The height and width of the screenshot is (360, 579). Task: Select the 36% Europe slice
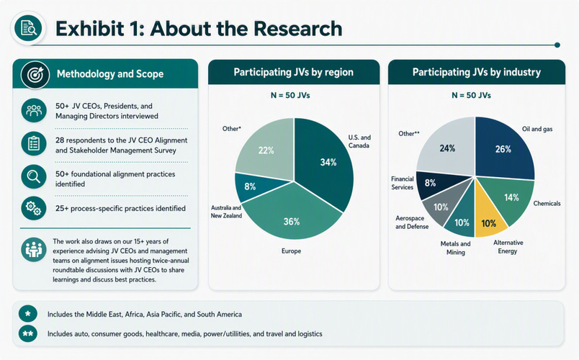tap(292, 214)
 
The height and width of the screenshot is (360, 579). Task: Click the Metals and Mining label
tap(455, 248)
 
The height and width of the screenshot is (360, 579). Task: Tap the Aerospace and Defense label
tap(412, 222)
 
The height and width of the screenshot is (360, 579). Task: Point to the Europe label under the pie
tap(291, 251)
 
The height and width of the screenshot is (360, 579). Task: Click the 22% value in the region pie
tap(266, 150)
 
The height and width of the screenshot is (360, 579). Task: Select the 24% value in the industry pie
tap(447, 148)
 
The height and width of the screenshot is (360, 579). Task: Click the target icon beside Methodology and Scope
tap(35, 75)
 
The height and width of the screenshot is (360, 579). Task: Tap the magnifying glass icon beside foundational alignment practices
tap(34, 177)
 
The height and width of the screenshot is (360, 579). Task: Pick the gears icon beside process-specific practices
tap(34, 208)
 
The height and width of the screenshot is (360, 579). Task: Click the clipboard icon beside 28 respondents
tap(34, 143)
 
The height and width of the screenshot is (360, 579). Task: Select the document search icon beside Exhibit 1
tap(28, 28)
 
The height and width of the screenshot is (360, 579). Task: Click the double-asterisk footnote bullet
tap(27, 334)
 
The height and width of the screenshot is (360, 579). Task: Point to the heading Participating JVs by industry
tap(476, 73)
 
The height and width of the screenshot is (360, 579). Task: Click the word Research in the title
tap(297, 28)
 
